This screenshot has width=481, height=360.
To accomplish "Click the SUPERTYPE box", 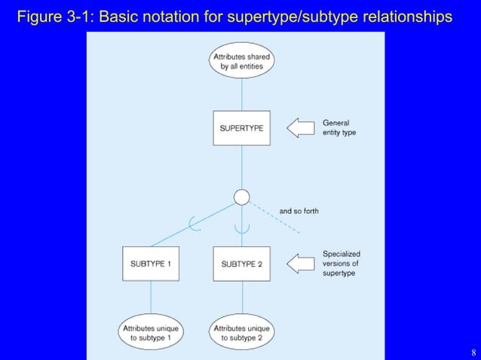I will (x=241, y=128).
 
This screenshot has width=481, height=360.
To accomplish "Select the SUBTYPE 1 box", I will (x=151, y=264).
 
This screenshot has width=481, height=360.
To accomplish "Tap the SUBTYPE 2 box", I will (x=241, y=264).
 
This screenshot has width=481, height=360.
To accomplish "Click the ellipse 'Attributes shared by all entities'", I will (x=241, y=61).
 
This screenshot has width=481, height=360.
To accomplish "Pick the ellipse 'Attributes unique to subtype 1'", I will (x=151, y=334).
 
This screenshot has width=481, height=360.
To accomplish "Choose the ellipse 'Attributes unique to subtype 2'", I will (x=241, y=334).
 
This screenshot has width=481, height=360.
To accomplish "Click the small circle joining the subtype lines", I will (x=241, y=197).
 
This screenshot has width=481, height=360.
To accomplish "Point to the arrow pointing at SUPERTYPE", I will (x=303, y=128).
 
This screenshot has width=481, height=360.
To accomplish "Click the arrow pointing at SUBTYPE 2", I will (x=303, y=264).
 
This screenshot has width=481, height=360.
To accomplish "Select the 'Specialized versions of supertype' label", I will (x=340, y=264).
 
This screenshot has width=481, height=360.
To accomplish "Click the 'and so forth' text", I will (x=299, y=212).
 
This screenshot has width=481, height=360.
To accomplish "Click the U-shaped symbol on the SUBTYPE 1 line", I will (x=194, y=224).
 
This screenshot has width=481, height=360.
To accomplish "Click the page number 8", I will (x=473, y=352).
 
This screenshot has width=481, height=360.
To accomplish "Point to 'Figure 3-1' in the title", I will (x=50, y=17).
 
